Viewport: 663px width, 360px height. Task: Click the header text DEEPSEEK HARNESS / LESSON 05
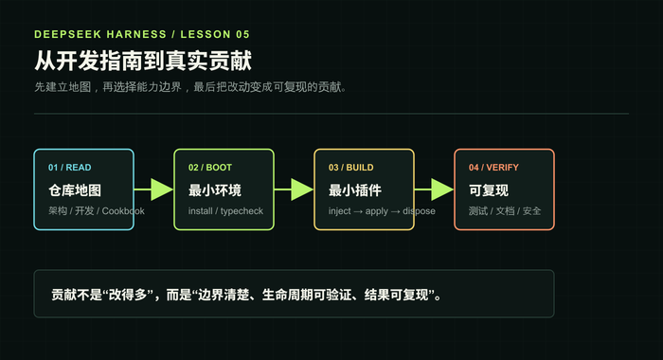(x=142, y=34)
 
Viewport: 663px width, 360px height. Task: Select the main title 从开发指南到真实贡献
(x=143, y=61)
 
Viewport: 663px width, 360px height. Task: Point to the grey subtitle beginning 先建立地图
(x=190, y=87)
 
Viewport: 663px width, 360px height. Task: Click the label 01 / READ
(x=70, y=168)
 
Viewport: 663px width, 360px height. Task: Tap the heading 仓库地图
(x=75, y=190)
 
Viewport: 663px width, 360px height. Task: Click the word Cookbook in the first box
(x=123, y=210)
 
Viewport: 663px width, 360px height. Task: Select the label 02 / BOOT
(x=210, y=168)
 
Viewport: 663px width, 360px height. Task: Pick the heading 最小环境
(x=215, y=190)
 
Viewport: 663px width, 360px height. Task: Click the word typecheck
(x=242, y=211)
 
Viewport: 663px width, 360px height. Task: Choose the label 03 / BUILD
(x=351, y=168)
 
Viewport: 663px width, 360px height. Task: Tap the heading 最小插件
(x=355, y=190)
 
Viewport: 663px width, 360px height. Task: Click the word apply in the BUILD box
(x=377, y=211)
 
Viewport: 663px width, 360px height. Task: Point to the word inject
(x=339, y=211)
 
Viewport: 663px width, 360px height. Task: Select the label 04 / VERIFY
(x=493, y=168)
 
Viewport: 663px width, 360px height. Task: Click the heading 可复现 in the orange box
(x=489, y=190)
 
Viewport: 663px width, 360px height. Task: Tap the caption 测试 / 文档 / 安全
(x=505, y=210)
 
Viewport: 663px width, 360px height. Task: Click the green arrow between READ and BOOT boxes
(x=153, y=189)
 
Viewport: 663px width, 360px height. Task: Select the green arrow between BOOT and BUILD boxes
(x=294, y=189)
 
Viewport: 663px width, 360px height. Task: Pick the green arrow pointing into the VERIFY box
(x=434, y=189)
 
